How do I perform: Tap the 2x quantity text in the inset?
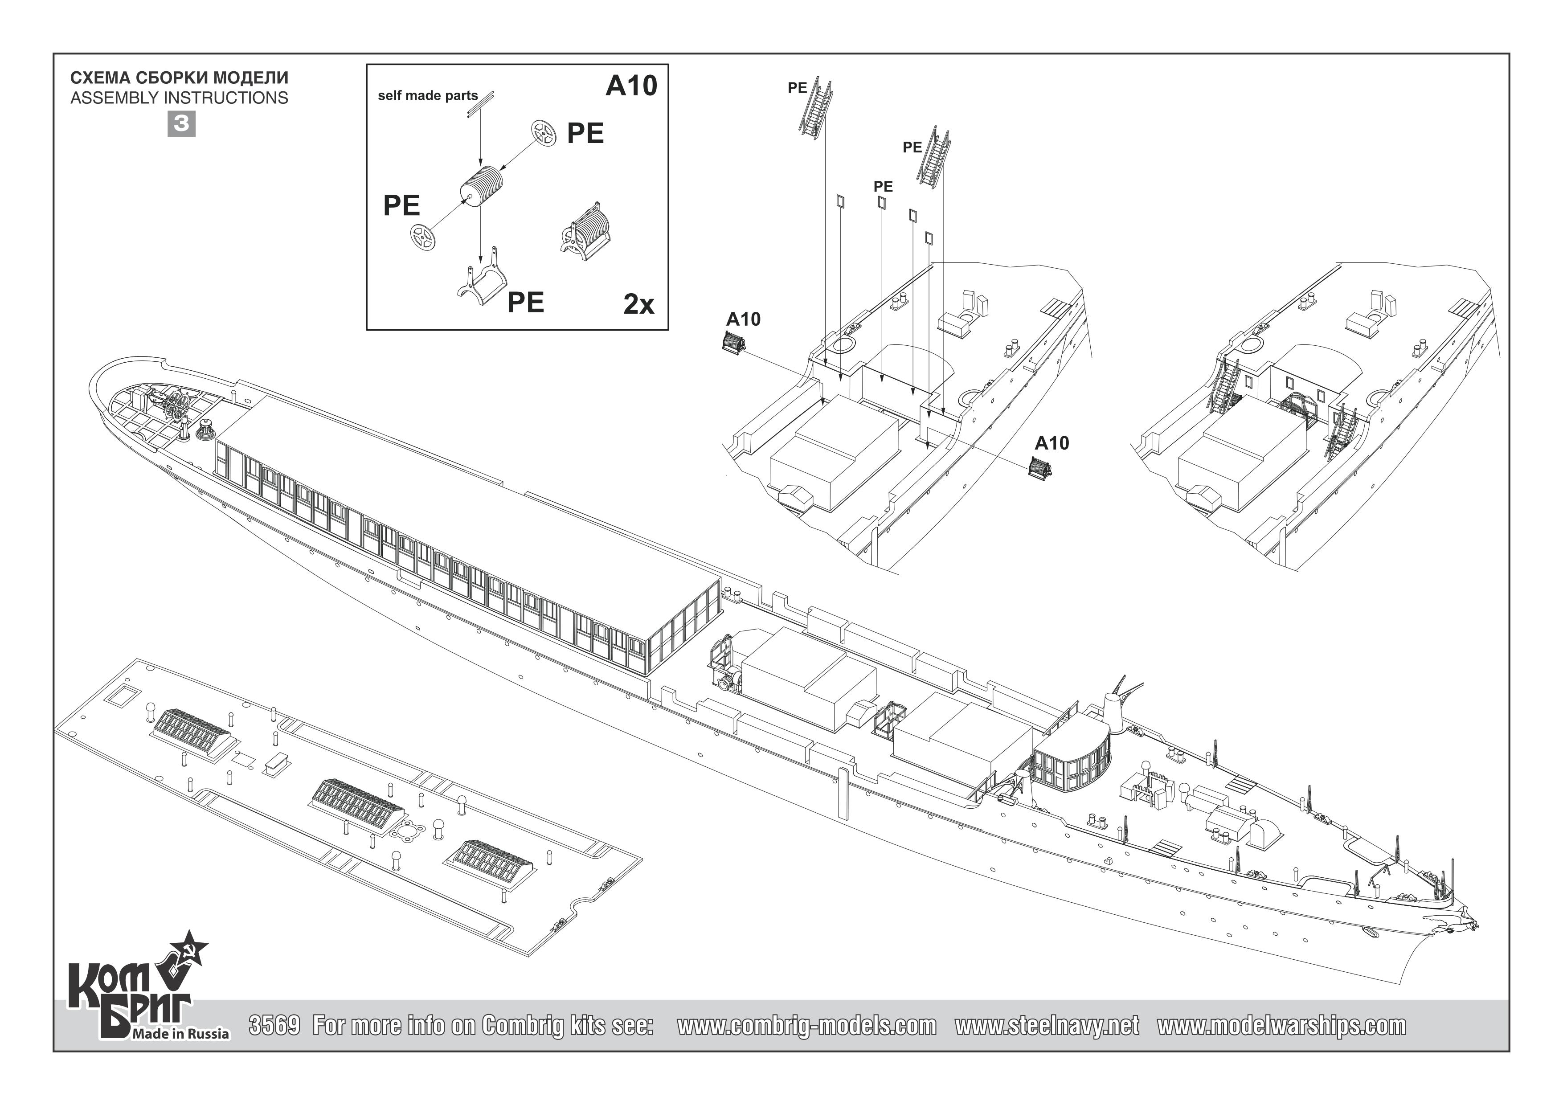click(638, 304)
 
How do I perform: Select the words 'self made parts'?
click(428, 96)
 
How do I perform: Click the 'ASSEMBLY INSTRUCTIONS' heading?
click(179, 98)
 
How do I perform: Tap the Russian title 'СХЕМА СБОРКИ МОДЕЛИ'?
click(179, 78)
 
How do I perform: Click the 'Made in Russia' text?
click(180, 1034)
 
